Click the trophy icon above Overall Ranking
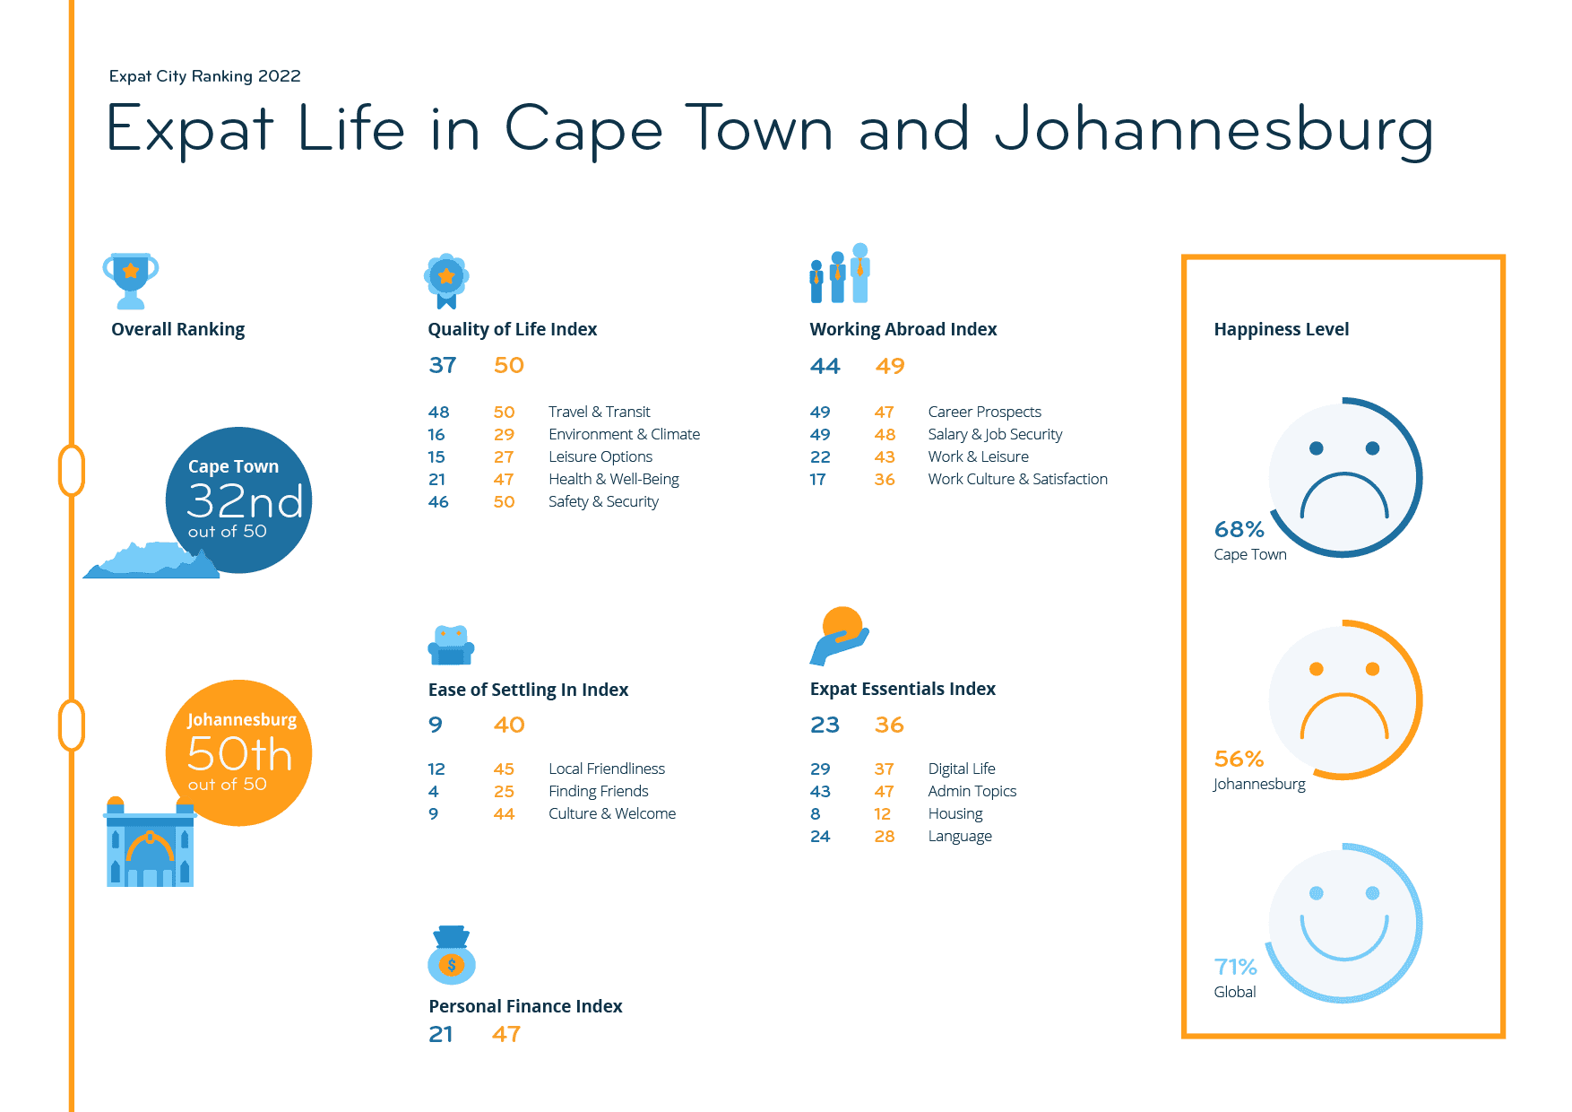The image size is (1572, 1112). [131, 280]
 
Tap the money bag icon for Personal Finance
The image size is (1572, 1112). [452, 956]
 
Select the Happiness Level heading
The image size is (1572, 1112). [1281, 329]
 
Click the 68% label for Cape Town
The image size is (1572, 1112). [1239, 529]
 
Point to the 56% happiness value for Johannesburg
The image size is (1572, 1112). [1239, 759]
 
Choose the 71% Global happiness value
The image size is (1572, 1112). [1235, 967]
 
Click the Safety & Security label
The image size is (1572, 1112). [603, 501]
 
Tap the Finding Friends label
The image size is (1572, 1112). [598, 791]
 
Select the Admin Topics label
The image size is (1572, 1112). [972, 791]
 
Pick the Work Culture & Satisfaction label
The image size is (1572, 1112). [1017, 479]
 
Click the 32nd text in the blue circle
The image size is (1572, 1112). [245, 500]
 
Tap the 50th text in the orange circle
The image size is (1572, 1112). [239, 754]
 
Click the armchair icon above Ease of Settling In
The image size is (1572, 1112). [451, 645]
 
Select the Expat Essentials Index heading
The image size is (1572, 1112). [903, 689]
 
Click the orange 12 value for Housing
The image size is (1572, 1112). [883, 813]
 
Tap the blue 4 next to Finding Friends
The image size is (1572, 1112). [434, 791]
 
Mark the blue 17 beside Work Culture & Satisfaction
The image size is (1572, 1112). [817, 479]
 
